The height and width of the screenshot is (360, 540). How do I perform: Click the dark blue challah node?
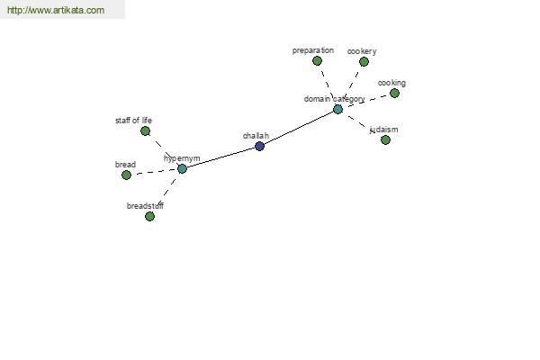click(x=260, y=146)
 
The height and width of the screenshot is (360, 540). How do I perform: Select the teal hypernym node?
click(x=182, y=169)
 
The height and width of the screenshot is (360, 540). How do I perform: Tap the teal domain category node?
click(x=337, y=110)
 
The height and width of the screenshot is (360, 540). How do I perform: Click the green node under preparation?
click(x=317, y=61)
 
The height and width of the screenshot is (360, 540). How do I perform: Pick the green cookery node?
click(x=364, y=62)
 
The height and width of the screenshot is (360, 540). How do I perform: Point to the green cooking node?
click(x=395, y=93)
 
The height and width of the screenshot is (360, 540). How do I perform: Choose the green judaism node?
click(x=385, y=139)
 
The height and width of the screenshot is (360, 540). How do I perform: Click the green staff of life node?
click(x=145, y=130)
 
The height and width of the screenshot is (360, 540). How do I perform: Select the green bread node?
click(x=126, y=175)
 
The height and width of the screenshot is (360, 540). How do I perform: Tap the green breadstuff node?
click(x=149, y=216)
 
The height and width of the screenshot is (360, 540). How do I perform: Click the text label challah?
click(x=256, y=136)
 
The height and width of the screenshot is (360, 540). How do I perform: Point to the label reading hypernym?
click(x=182, y=158)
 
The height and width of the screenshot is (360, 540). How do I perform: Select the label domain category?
click(x=335, y=99)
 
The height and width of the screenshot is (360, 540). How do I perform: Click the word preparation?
click(x=313, y=50)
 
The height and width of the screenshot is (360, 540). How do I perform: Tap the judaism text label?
click(x=383, y=130)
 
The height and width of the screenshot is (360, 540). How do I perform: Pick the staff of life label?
click(x=133, y=121)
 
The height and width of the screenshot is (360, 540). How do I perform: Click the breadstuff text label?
click(x=145, y=206)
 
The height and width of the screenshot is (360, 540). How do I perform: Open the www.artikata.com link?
click(x=56, y=10)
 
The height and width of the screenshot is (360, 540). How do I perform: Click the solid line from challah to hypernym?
click(x=220, y=157)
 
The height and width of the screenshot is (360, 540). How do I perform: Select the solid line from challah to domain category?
click(x=299, y=128)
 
